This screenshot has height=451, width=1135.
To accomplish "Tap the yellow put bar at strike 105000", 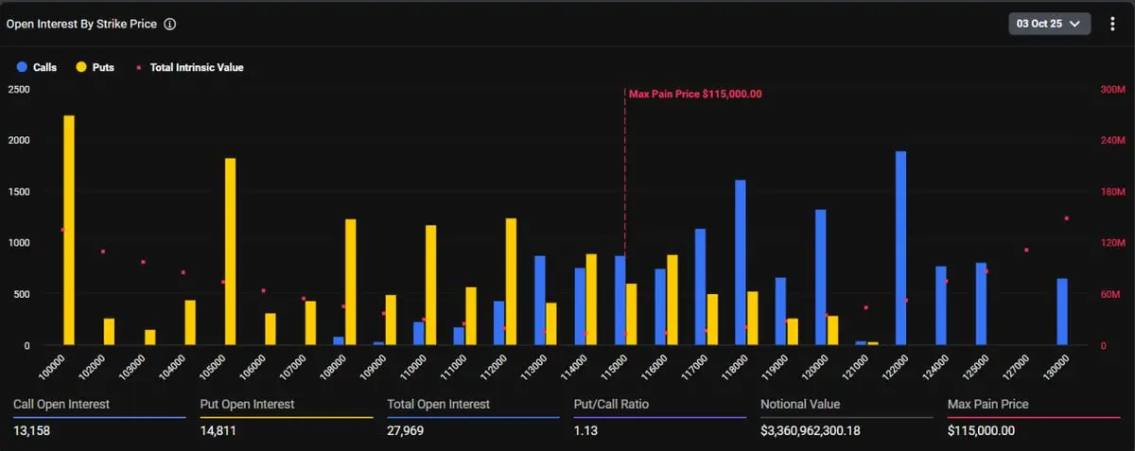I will [231, 252].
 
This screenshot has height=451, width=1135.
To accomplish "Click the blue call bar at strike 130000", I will [1062, 311].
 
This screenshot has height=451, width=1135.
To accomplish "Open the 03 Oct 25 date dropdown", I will [1050, 25].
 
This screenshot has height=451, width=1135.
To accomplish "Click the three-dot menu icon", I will [1112, 25].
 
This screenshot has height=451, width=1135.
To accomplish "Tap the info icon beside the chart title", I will [170, 25].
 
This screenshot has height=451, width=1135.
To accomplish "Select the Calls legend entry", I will [37, 68].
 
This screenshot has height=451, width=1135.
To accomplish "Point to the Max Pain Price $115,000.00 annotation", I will [695, 94].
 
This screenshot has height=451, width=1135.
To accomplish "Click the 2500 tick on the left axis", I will [18, 89].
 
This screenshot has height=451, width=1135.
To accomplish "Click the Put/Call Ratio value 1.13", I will [586, 431].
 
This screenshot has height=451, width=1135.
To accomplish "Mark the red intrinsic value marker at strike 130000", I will [1066, 218].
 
